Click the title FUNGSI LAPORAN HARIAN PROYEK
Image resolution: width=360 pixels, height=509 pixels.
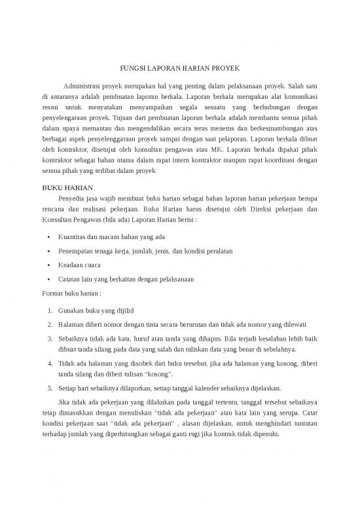179,68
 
